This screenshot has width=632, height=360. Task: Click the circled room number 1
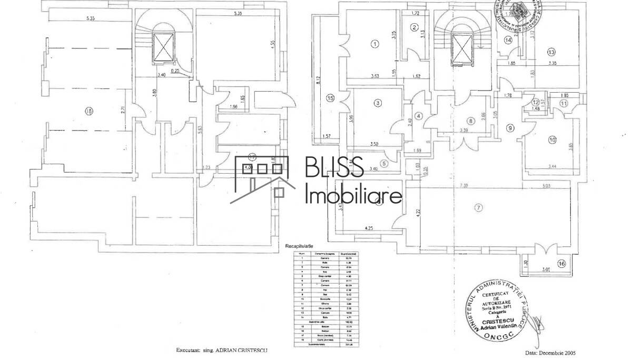coord(374,44)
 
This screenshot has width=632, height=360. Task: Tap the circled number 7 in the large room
coord(478,207)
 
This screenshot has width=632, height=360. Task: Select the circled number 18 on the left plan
coord(89,111)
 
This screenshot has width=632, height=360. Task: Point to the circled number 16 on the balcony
coord(561,264)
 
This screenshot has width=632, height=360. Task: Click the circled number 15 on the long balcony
coord(330,97)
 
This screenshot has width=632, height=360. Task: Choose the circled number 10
coord(552,140)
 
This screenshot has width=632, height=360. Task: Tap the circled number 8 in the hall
coord(471,121)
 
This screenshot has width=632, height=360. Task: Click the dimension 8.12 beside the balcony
coord(319,80)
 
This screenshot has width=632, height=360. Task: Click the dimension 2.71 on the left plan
coord(122,111)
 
